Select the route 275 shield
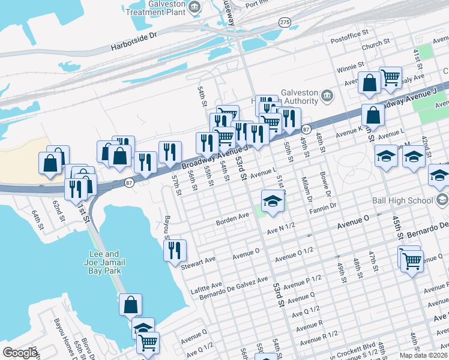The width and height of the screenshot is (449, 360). coord(285,22)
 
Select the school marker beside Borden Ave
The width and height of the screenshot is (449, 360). coord(273,201)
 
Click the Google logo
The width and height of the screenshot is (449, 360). coord(20,353)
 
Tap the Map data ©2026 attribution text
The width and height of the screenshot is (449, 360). coord(423,355)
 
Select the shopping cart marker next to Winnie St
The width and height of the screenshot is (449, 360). coord(390,77)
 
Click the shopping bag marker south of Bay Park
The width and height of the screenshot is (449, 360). coord(130,305)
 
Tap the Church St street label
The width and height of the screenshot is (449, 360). coord(376,44)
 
